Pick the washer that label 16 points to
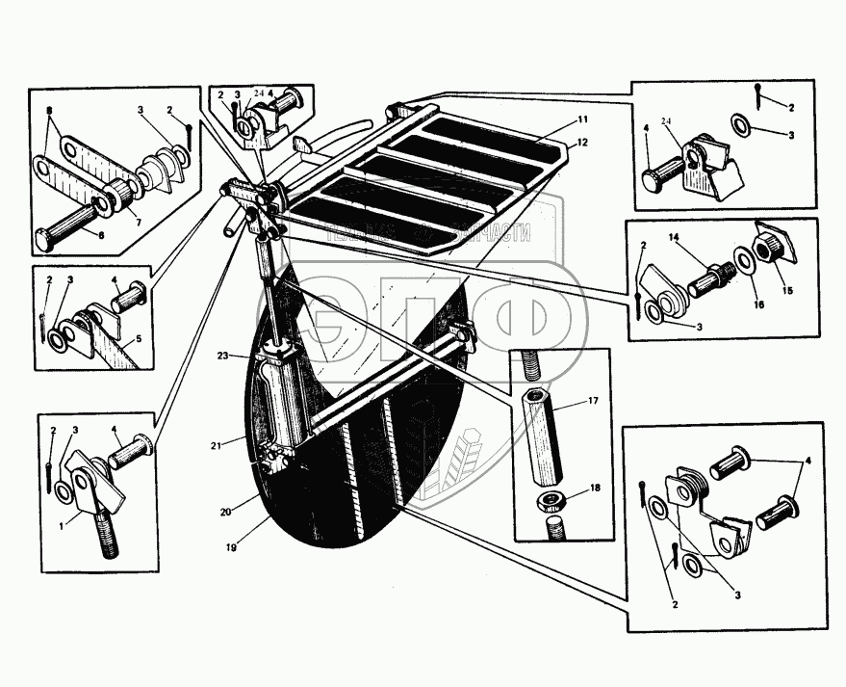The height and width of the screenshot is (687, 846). click(744, 262)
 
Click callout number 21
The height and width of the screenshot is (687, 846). click(218, 444)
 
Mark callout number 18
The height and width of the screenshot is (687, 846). click(596, 489)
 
